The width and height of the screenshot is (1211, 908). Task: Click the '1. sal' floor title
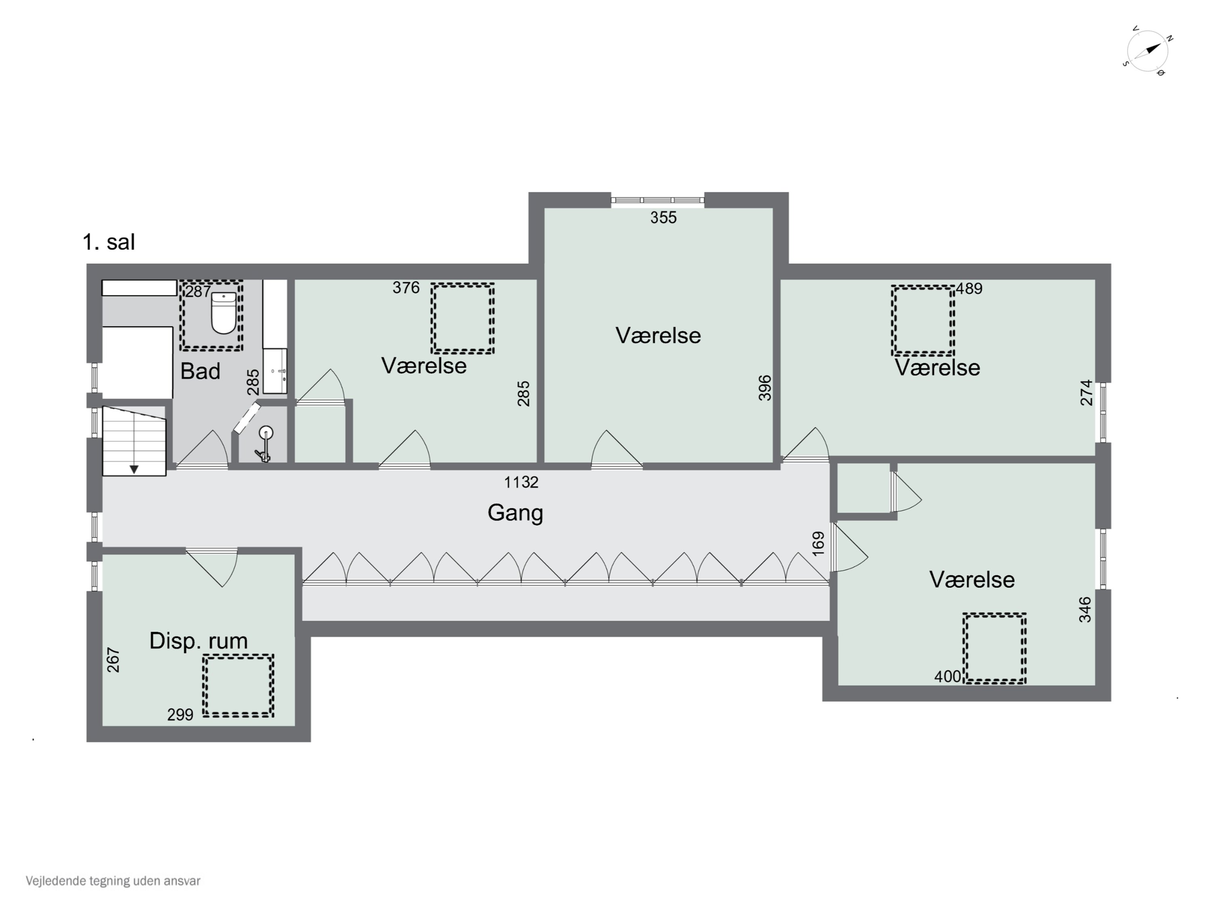coord(109,242)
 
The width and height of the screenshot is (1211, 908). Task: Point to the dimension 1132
coord(521,482)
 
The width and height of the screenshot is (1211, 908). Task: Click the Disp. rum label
coord(198,641)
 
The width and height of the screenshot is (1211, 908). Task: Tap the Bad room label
coord(200,371)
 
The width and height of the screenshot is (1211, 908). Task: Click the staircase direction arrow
coord(134,469)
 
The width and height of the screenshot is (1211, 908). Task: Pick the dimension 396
coord(765,387)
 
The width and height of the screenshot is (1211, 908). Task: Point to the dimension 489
coord(969,289)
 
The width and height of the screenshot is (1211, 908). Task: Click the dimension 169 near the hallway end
coord(818,544)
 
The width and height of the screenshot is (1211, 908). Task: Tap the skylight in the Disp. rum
coord(238,686)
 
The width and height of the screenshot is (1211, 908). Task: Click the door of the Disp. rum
coord(212,567)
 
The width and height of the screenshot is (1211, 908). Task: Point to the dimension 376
coord(406,288)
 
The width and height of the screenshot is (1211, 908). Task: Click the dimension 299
coord(180,715)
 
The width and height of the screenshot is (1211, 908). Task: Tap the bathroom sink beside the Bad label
coord(275,371)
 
